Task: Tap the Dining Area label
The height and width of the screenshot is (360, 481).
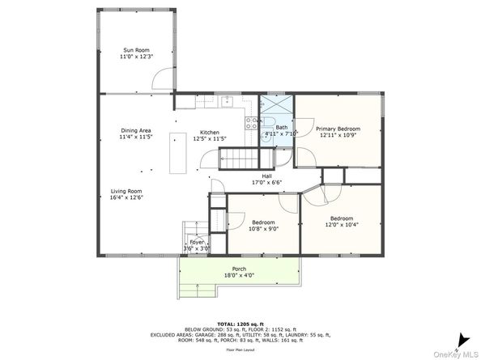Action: pos(135,130)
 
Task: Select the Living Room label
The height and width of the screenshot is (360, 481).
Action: pos(126,191)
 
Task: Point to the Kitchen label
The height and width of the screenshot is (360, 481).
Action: pos(210,132)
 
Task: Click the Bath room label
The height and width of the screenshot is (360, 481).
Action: pos(281,126)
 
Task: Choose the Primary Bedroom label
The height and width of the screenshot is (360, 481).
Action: pos(338,129)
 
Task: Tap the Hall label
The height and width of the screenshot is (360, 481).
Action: pos(266,176)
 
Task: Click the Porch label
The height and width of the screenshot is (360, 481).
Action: pos(240,269)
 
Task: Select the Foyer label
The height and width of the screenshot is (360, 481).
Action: pos(197,242)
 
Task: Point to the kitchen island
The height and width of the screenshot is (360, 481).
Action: pos(176,153)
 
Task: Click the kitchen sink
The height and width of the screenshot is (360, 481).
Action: pos(229,102)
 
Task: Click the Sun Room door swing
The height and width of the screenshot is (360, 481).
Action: pos(165,79)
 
